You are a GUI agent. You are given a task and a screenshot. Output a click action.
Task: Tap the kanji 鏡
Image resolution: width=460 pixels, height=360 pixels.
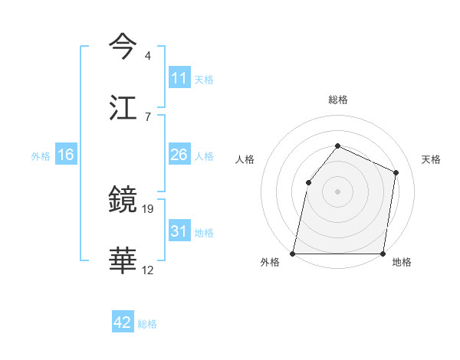(124, 200)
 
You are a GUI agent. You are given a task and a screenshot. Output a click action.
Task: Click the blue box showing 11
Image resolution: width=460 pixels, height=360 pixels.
(179, 78)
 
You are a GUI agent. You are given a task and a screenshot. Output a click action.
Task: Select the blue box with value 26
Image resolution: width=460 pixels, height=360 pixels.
(179, 155)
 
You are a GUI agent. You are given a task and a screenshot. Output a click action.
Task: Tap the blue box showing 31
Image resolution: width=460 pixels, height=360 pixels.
(179, 231)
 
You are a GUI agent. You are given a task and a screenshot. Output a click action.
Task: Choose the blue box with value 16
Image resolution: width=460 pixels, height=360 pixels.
(66, 155)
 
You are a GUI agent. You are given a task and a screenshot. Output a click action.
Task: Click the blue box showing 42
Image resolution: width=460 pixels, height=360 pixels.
(123, 322)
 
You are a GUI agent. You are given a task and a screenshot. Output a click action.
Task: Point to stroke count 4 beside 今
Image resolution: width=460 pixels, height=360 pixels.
(147, 56)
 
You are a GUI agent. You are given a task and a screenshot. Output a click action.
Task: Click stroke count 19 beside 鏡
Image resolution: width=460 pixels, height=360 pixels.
(149, 208)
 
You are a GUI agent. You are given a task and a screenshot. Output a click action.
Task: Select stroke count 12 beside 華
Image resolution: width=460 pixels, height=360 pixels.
(149, 270)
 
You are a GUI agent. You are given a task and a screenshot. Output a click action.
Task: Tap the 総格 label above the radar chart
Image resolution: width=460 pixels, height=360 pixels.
(338, 100)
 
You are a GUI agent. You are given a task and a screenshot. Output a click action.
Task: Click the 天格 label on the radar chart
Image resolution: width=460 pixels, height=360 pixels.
(432, 159)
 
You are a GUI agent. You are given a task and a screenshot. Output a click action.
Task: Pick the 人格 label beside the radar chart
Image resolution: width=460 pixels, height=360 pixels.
(245, 159)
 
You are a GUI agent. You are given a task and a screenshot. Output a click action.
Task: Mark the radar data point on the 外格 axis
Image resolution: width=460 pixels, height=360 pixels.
(293, 254)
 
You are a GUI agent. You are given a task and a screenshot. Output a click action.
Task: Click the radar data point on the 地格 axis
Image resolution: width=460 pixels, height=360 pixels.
(383, 254)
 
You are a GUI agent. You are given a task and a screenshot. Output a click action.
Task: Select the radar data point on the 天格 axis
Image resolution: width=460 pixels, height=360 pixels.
(396, 172)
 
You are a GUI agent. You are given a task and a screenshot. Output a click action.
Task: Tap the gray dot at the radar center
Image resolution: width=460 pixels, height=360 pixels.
(338, 191)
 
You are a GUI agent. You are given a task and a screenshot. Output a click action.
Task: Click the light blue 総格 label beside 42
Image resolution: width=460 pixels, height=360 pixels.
(147, 324)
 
